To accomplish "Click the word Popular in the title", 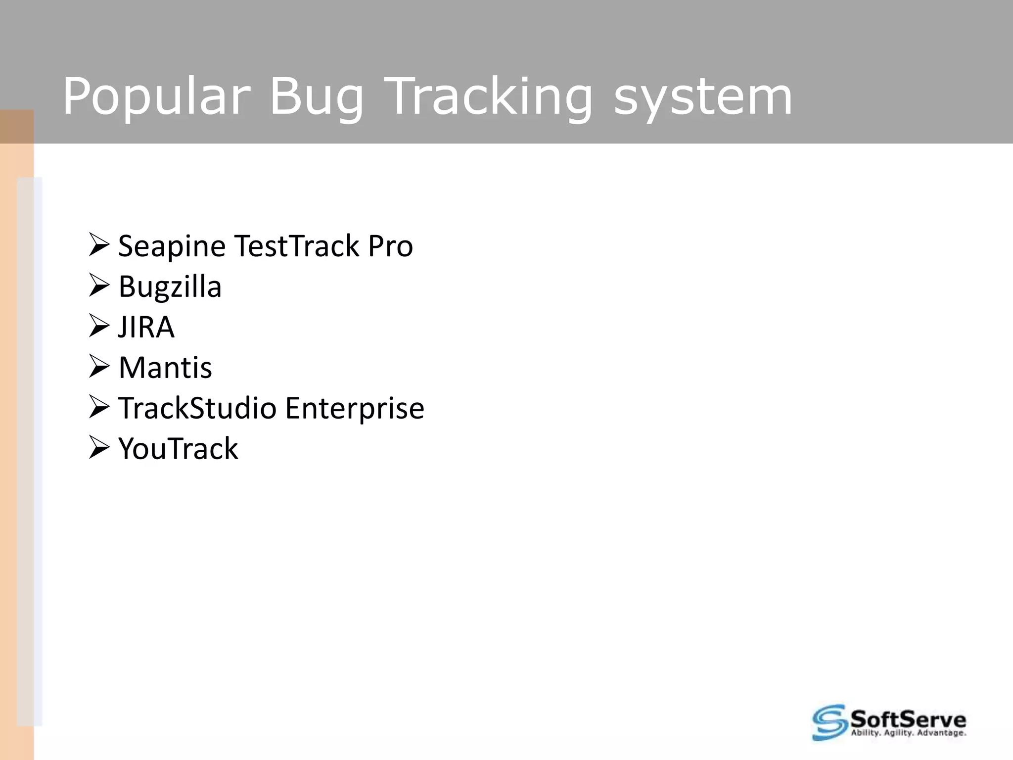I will coord(156,96).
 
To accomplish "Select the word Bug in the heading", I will coord(317,96).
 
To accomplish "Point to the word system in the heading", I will coord(703,96).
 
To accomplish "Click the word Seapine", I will coord(172,246).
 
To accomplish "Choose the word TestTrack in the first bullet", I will coord(296,246).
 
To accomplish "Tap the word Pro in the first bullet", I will coord(390,246).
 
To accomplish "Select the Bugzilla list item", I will coord(170,287).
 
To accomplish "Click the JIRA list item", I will coord(146,327).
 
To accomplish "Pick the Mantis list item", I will coord(165,368).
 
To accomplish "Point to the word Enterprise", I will coord(354,408).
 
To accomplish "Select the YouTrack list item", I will coord(178,449).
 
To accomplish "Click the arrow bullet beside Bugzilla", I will coord(98,286).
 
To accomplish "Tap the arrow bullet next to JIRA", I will coord(98,327).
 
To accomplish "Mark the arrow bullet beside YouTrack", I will coord(98,448).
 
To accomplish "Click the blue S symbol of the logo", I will coord(829,722).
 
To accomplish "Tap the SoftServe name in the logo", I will coord(908,718).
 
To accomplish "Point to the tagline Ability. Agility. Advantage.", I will coord(908,733).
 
